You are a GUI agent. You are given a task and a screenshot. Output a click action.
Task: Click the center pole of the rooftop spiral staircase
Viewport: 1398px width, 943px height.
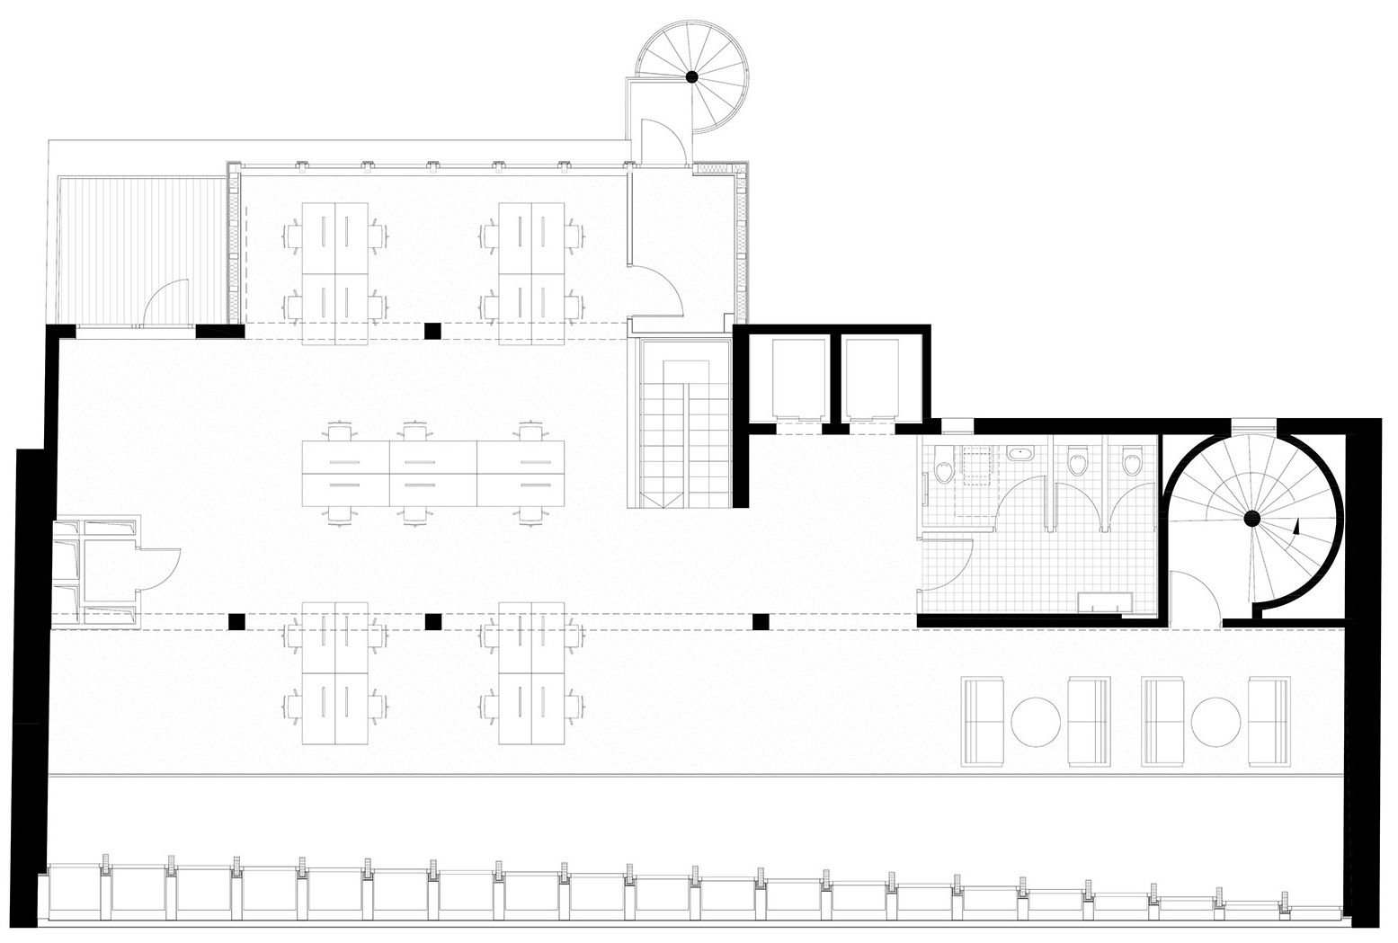click(692, 77)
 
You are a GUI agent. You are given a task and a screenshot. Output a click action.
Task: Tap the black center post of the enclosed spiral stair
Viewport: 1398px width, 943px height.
click(1251, 518)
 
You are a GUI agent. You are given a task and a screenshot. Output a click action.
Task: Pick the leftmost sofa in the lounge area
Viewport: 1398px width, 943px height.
click(983, 722)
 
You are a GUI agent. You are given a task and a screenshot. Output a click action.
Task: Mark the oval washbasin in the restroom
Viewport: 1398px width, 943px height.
click(1020, 453)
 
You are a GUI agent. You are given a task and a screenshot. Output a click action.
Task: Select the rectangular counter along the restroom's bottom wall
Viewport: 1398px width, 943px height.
click(1106, 600)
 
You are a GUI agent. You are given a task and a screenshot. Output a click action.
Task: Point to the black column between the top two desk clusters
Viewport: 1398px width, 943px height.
click(433, 331)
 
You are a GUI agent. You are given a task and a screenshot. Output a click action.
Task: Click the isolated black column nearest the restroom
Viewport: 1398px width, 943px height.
click(761, 621)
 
